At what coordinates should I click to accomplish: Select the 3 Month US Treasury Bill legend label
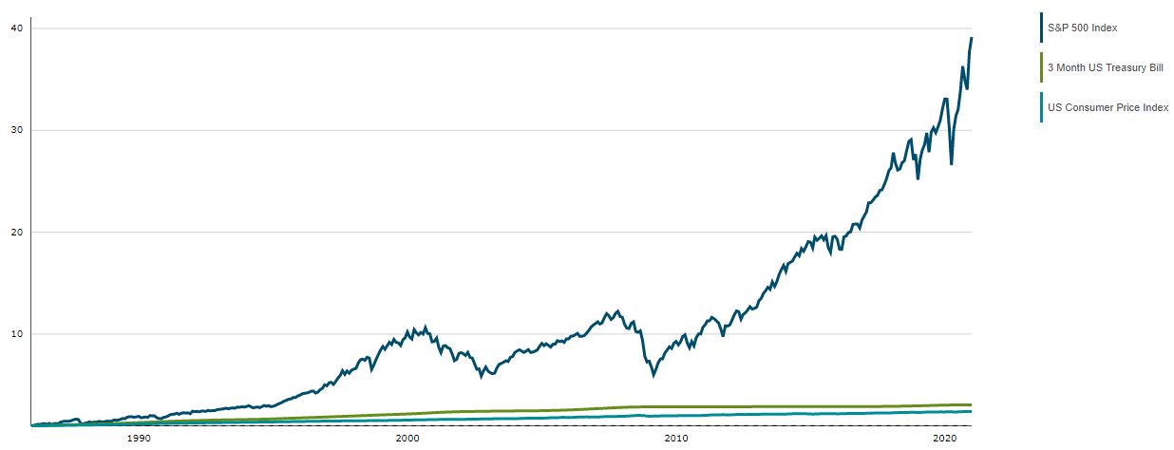[x=1105, y=67]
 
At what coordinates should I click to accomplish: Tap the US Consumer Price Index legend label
[x=1108, y=107]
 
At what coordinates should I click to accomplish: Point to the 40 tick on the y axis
[x=16, y=28]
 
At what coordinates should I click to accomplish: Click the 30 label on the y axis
[x=16, y=130]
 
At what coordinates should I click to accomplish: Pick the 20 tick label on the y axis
[x=16, y=232]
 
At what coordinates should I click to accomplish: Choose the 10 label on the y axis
[x=16, y=333]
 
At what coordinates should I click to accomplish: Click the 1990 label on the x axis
[x=139, y=438]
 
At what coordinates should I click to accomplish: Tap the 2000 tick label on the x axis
[x=407, y=438]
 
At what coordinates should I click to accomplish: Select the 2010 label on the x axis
[x=676, y=438]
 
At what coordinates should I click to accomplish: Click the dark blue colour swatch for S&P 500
[x=1042, y=28]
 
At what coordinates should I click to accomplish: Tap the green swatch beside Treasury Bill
[x=1042, y=67]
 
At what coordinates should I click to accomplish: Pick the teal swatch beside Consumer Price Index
[x=1042, y=107]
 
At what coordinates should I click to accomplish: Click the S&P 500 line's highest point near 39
[x=972, y=38]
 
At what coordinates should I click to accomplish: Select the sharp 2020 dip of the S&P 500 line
[x=952, y=164]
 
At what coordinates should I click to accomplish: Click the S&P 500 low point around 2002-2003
[x=481, y=377]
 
